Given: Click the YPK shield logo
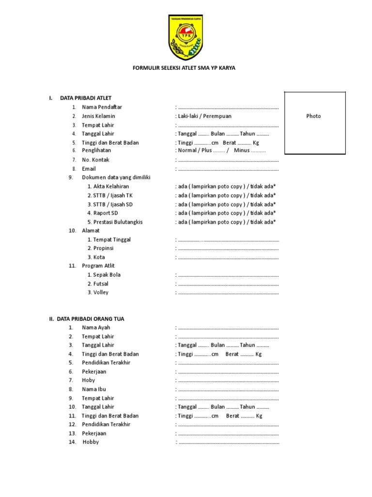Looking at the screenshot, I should click(x=186, y=37).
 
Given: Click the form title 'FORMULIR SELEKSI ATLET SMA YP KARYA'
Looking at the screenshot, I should click(x=184, y=68).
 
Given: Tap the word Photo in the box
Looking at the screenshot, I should click(x=313, y=116).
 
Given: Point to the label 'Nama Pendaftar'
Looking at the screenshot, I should click(x=102, y=107).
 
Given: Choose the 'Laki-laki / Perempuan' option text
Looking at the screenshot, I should click(x=204, y=116).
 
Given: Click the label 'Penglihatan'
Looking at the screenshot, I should click(x=96, y=150).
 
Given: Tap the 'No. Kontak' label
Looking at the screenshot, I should click(x=95, y=160).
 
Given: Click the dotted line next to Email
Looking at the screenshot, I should click(x=228, y=169).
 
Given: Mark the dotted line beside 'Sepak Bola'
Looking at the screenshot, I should click(x=228, y=275).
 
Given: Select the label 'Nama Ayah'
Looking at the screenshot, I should click(x=96, y=328).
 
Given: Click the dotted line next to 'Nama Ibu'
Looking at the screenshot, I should click(x=228, y=390).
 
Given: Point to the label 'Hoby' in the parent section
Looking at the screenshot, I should click(x=88, y=380).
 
